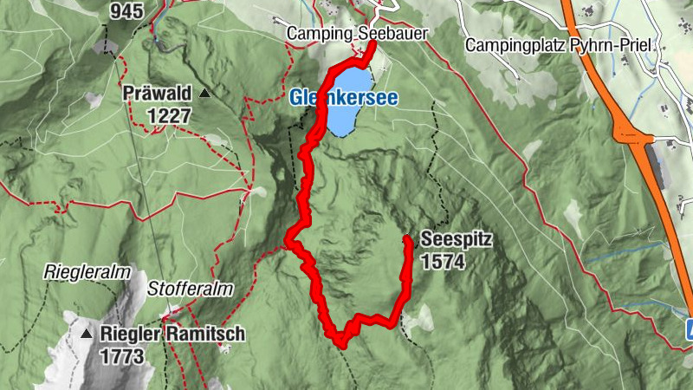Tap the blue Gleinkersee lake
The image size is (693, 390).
click(x=350, y=111)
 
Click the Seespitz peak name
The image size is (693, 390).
click(x=450, y=239)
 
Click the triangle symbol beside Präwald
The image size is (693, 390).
click(x=204, y=93)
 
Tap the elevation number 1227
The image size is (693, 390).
click(x=168, y=114)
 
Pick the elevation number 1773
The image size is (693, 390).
click(x=120, y=355)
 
